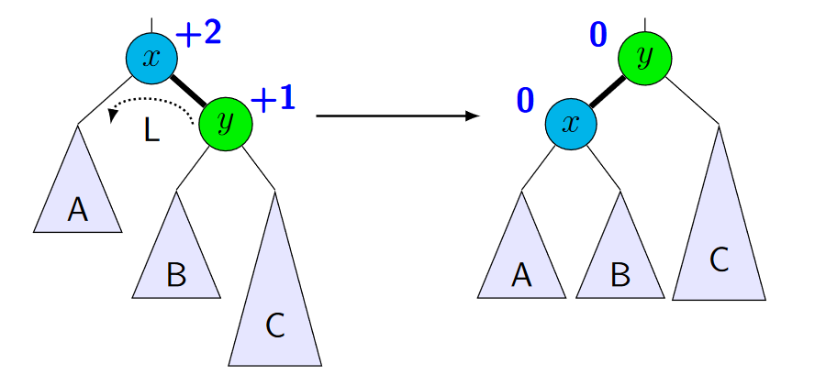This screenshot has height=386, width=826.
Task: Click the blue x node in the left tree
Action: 152,58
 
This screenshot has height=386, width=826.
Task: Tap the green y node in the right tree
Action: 645,58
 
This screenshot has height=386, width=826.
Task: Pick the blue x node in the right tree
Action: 571,123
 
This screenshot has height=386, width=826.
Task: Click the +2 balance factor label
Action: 198,34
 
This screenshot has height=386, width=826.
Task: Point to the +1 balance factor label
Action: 273,99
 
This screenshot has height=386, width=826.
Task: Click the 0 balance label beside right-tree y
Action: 597,34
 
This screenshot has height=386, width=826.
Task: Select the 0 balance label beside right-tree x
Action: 525,99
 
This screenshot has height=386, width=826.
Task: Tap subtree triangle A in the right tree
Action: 521,261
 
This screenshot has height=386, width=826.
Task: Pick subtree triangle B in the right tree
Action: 620,261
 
